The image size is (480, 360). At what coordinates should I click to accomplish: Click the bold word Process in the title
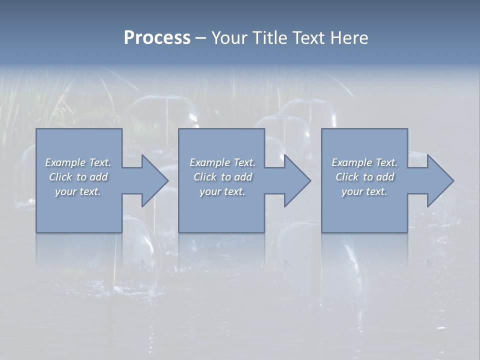point(157,38)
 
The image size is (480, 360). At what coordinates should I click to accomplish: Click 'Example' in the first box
point(65,162)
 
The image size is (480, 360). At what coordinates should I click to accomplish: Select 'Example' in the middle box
point(209,162)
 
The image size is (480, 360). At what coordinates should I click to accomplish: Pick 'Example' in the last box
point(351,162)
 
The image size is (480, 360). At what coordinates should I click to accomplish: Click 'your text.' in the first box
point(78,191)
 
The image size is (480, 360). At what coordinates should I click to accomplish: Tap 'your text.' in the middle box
point(222,191)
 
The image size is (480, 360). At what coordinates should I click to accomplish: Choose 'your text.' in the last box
point(364,191)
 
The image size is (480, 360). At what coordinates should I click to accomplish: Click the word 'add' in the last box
point(384,177)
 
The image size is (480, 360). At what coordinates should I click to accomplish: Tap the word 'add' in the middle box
point(242,177)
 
